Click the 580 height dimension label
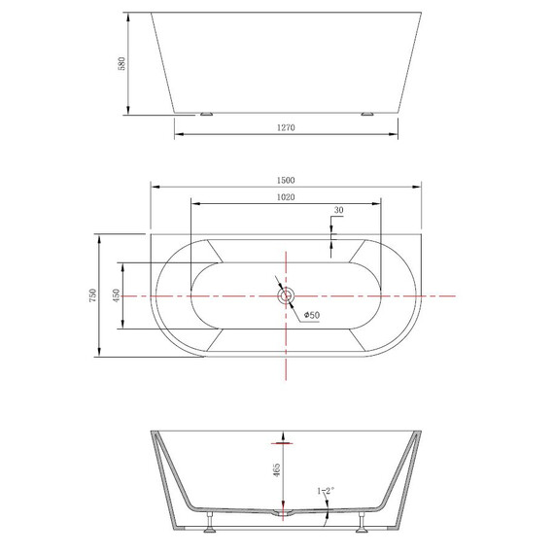pyautogui.click(x=121, y=63)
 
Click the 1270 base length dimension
pyautogui.click(x=286, y=127)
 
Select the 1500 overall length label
pyautogui.click(x=286, y=180)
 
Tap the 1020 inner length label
pyautogui.click(x=286, y=197)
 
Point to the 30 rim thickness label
pyautogui.click(x=338, y=210)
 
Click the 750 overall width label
pyautogui.click(x=92, y=295)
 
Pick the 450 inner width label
pyautogui.click(x=117, y=295)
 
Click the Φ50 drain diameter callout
pyautogui.click(x=312, y=315)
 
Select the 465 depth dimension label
pyautogui.click(x=277, y=470)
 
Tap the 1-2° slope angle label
pyautogui.click(x=326, y=491)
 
